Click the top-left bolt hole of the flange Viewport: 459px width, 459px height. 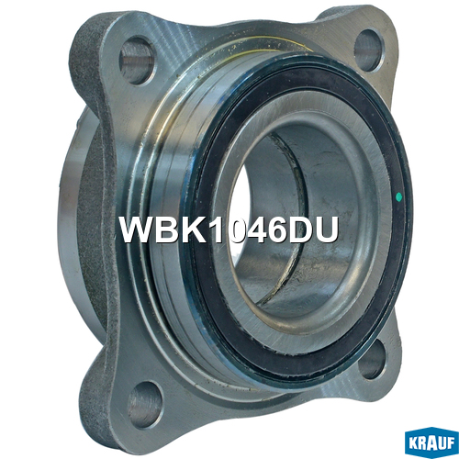pos(137,61)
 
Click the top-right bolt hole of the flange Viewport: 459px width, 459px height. pos(368,50)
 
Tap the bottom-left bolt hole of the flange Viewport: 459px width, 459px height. pos(145,404)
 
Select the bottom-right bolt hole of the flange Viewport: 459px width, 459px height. pos(371,359)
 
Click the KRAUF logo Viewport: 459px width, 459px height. pos(431,443)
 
